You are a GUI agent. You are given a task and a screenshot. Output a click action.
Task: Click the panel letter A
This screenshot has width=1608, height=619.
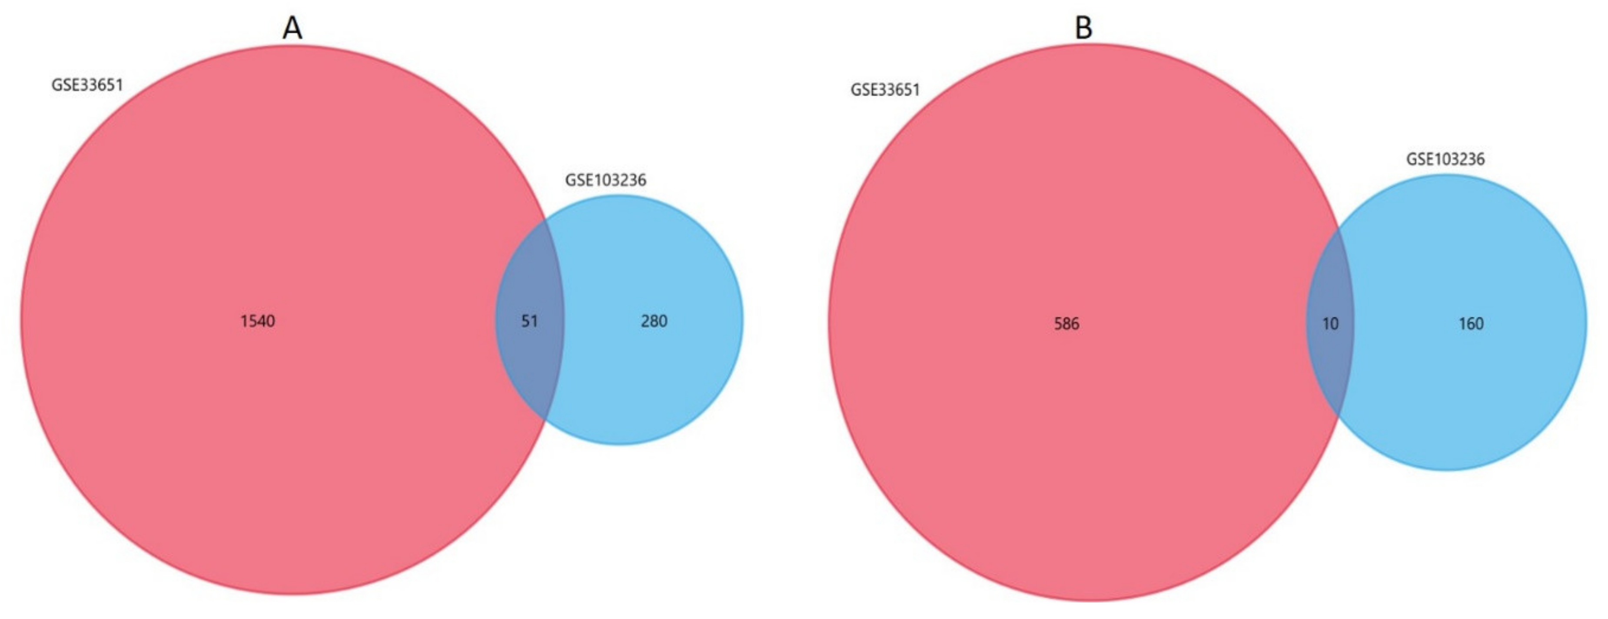click(292, 28)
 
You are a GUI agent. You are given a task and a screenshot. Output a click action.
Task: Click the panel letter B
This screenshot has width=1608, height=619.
click(1083, 28)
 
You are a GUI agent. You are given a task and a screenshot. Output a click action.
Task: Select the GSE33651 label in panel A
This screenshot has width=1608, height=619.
click(87, 85)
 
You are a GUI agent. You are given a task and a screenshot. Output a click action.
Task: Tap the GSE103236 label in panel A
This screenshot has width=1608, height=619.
click(605, 180)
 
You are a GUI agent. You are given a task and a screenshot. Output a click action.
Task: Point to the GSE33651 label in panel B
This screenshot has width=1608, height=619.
click(885, 90)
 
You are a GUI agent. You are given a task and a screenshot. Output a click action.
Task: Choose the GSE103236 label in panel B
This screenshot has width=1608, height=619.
click(1445, 159)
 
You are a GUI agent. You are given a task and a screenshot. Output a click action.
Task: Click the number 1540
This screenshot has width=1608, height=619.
click(258, 321)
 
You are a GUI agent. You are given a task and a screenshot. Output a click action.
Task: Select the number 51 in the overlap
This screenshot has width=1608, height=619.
click(529, 321)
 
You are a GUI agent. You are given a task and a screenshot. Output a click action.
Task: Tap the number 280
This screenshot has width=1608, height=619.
click(654, 321)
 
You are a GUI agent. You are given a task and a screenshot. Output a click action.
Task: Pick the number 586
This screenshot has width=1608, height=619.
click(1066, 323)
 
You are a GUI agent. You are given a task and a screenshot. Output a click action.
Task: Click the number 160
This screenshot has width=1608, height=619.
click(1471, 323)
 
